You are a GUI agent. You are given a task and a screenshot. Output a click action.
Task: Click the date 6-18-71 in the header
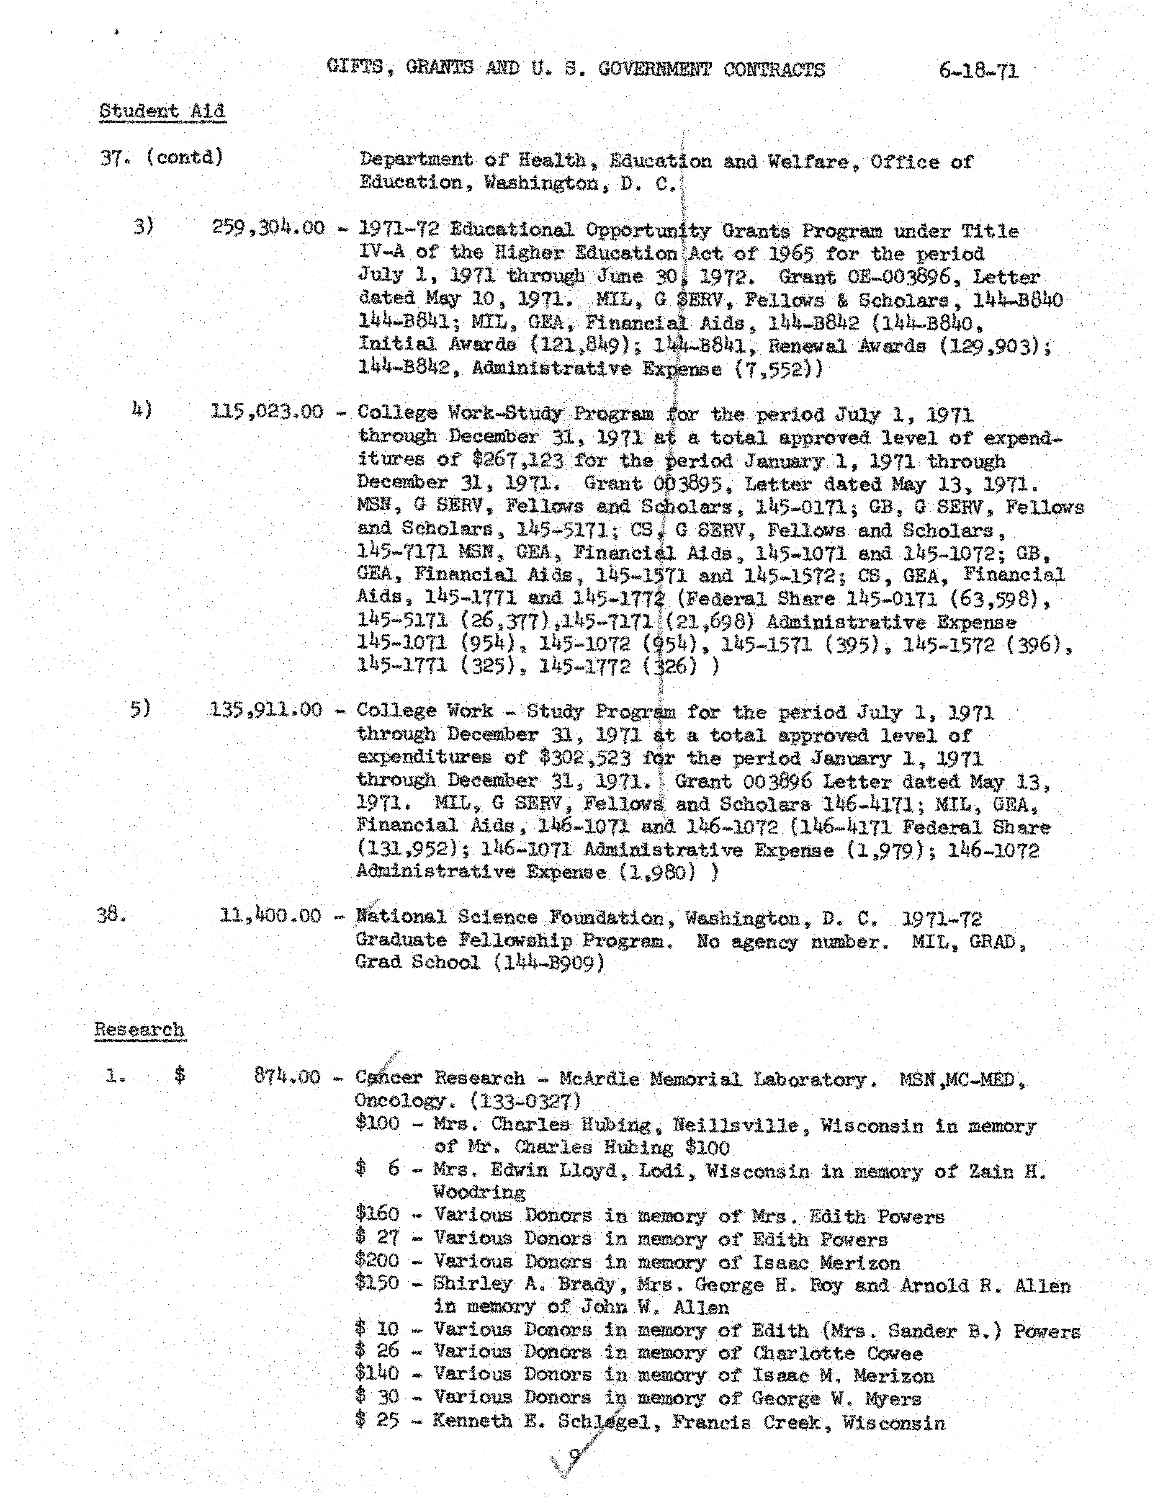(x=978, y=71)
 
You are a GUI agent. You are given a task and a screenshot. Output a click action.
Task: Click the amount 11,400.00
(x=271, y=916)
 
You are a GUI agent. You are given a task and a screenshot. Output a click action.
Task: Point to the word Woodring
(x=479, y=1192)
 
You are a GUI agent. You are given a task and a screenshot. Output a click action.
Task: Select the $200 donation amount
(x=377, y=1260)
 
